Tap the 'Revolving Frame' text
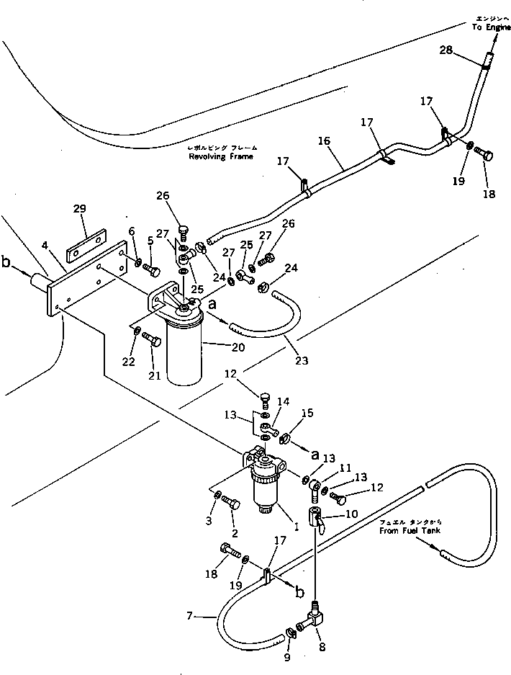220,156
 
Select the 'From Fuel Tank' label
411,531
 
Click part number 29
79,209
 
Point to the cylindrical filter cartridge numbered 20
186,357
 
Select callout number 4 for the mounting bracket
45,247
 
